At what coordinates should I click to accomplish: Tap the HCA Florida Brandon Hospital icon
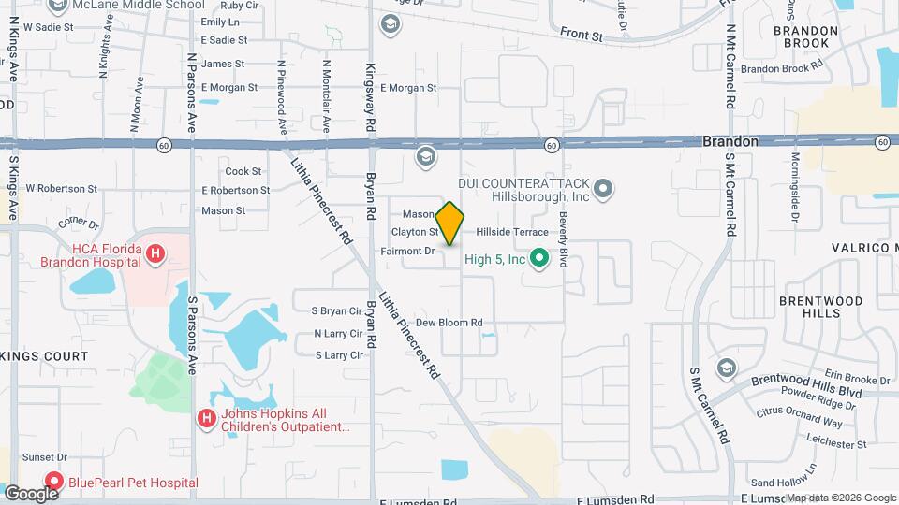point(156,252)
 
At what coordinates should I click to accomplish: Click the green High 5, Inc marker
point(538,257)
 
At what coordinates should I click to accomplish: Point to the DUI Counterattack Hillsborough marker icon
point(603,190)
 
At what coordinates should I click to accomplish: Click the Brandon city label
point(730,140)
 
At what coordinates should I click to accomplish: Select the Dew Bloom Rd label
point(449,323)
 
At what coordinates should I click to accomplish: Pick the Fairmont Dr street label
point(408,251)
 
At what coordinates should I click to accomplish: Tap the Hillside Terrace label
point(511,231)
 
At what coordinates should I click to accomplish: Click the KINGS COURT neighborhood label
point(44,356)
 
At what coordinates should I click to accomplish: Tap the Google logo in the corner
point(30,493)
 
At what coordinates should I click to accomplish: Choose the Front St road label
point(582,35)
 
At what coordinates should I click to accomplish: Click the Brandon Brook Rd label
point(780,68)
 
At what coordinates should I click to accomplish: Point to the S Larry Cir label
point(338,355)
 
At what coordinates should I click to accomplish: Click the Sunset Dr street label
point(44,457)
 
